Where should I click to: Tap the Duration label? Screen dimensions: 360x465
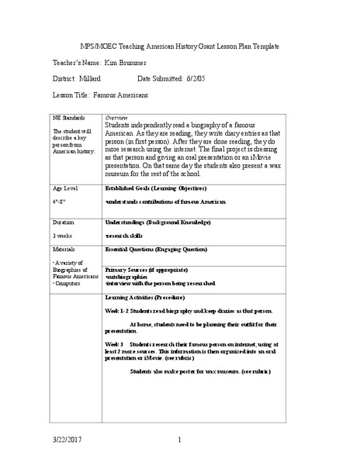(x=64, y=222)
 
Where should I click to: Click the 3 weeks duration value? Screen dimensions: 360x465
(x=63, y=234)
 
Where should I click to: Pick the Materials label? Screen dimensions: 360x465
(x=64, y=250)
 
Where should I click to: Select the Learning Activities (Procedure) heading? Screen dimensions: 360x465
(x=151, y=297)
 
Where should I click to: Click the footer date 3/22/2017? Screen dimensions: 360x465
(x=67, y=441)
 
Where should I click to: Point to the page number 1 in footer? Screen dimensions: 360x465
(x=179, y=441)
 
